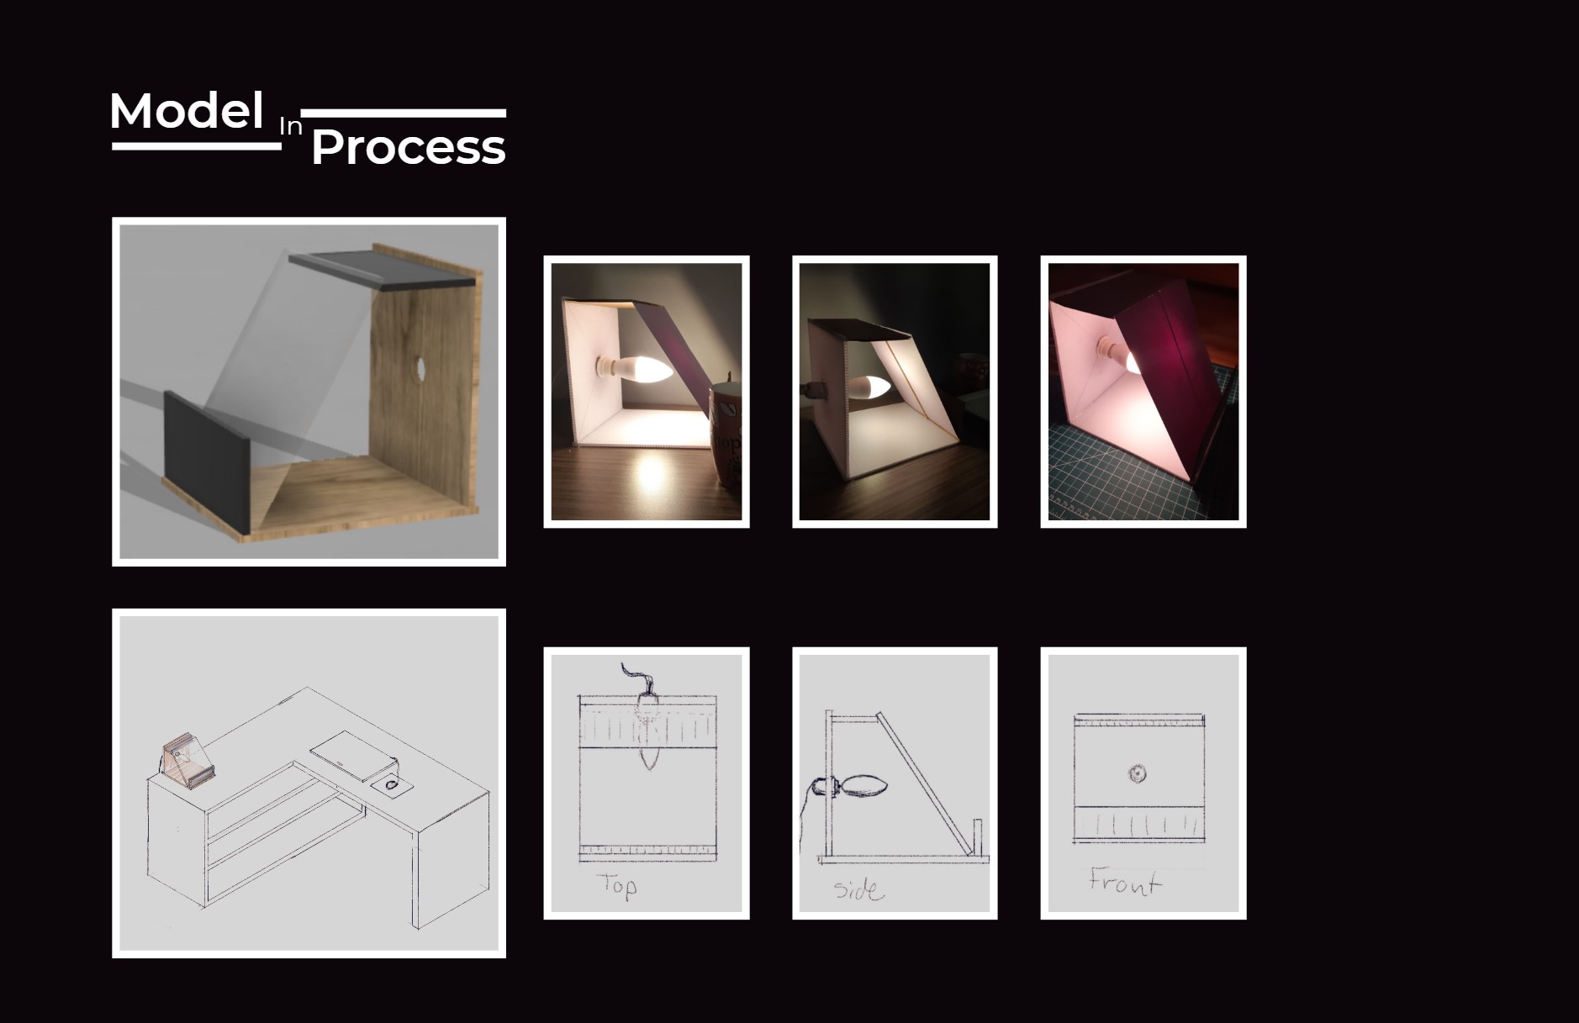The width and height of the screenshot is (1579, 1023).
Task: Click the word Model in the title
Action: coord(187,111)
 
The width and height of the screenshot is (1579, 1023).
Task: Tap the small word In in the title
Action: coord(290,127)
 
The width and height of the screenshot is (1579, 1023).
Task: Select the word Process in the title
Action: coord(408,148)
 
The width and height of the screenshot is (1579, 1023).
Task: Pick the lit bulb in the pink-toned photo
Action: coord(1132,362)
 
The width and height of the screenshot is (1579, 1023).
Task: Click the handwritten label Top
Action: coord(616,885)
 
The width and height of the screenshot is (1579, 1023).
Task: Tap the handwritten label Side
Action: coord(858,889)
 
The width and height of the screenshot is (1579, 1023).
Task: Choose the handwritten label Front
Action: coord(1124,882)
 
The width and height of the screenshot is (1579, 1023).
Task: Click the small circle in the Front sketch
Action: coord(1137,773)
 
